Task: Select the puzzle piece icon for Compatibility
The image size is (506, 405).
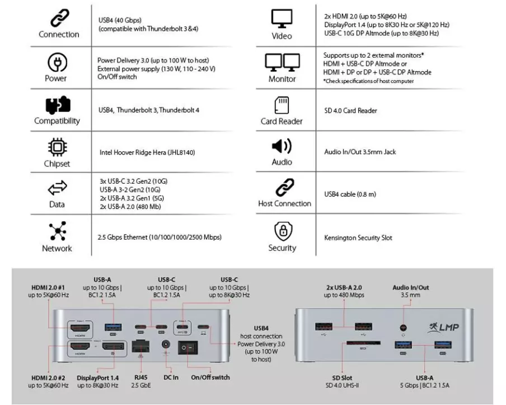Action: tap(57, 105)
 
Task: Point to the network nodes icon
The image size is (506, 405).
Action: tap(57, 231)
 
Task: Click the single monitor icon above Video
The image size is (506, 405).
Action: tap(282, 19)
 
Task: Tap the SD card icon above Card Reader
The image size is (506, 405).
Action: tap(282, 105)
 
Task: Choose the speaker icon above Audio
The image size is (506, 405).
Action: tap(282, 147)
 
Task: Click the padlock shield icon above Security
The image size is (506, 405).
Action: tap(282, 231)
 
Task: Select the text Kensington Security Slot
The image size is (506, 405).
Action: tap(358, 238)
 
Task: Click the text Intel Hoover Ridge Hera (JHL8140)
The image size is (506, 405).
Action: tap(147, 152)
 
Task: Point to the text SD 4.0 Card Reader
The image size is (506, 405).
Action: tap(350, 111)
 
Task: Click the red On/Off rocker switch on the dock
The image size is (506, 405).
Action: tap(188, 348)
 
